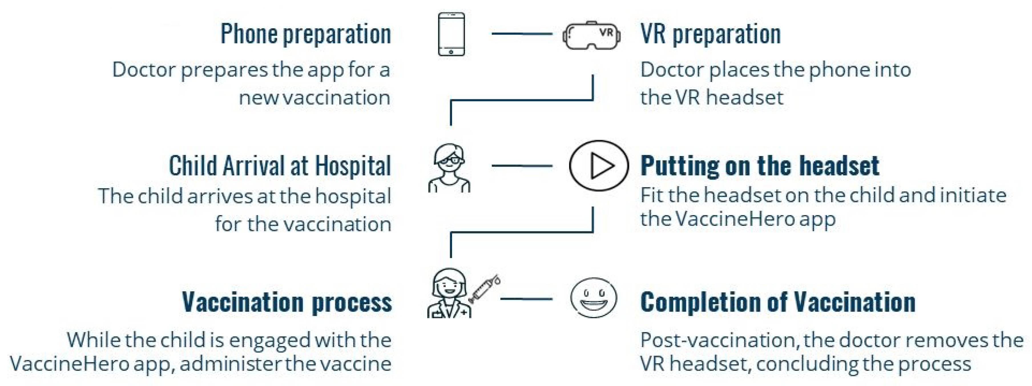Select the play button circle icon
coord(598,165)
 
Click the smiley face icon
coord(593,298)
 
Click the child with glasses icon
coord(449,168)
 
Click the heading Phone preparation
coord(306,34)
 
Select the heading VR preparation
coord(710,34)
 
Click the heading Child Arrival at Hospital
coord(280,165)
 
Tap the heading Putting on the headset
coord(759,165)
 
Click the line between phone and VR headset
coord(522,34)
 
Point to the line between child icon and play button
coord(522,165)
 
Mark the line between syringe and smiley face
coord(526,299)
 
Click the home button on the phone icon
coord(451,52)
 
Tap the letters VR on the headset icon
coord(606,32)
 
